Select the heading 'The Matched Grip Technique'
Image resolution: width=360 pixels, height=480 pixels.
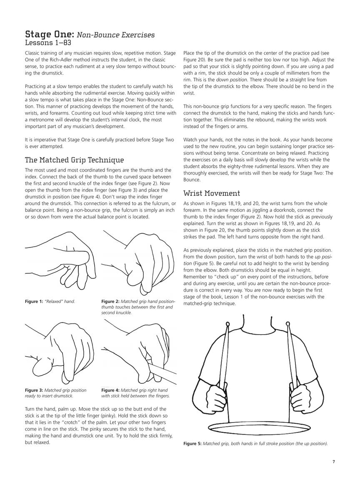pyautogui.click(x=75, y=160)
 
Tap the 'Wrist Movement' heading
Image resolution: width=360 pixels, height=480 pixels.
pyautogui.click(x=212, y=193)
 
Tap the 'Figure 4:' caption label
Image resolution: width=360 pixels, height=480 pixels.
pyautogui.click(x=110, y=390)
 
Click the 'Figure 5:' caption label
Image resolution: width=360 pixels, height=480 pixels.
pyautogui.click(x=192, y=444)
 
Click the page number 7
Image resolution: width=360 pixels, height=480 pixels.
pyautogui.click(x=334, y=461)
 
